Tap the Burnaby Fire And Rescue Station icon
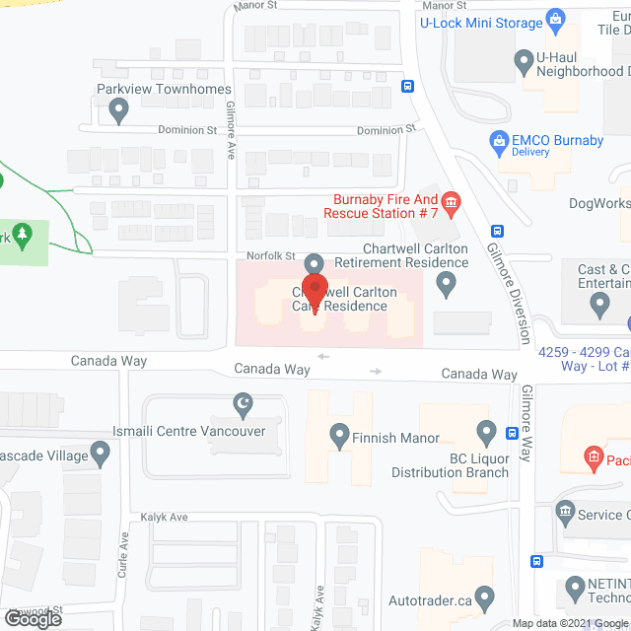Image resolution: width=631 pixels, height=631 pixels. coord(452,204)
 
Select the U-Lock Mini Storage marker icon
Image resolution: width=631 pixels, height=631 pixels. coord(556,19)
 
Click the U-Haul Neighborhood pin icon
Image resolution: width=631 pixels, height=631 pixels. coord(525,62)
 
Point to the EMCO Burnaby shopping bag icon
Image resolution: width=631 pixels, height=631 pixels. coord(499,143)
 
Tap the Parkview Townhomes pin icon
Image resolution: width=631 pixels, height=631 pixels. coord(119,112)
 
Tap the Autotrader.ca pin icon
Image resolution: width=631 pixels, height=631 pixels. coord(484,597)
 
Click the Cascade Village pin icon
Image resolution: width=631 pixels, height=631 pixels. coord(101,453)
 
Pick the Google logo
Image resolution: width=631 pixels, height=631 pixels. coord(33,619)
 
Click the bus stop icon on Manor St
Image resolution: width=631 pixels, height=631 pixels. coord(407,86)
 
